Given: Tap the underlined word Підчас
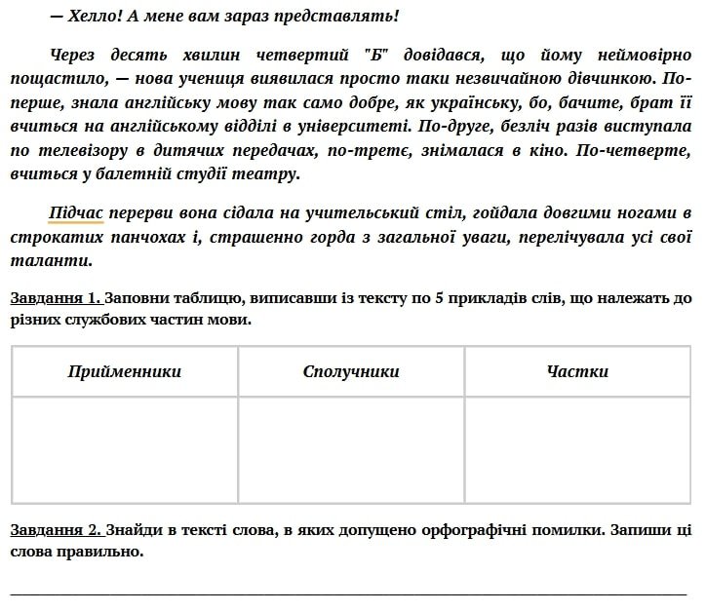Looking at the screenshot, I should (x=75, y=212).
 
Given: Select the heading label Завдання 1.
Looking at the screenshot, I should (x=56, y=297).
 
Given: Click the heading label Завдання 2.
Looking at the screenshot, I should (x=56, y=530).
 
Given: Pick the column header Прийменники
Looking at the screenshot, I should (x=125, y=371).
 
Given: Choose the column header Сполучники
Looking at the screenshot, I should (x=351, y=371).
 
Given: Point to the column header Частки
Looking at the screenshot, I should (x=577, y=371).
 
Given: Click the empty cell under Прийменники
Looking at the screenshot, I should (x=125, y=448).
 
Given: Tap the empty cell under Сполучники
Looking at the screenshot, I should (x=351, y=448).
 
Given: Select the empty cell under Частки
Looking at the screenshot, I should (x=577, y=448).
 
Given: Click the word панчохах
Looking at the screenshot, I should (x=137, y=237).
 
